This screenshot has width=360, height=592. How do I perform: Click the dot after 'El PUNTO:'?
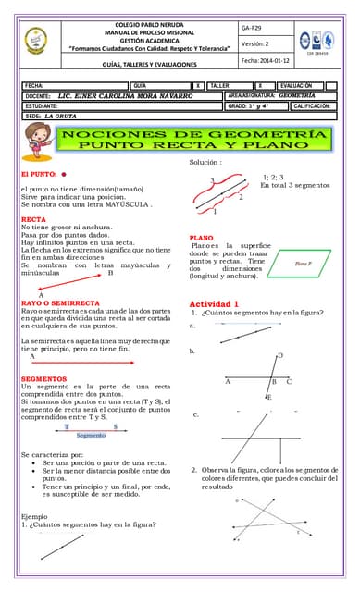click(64, 173)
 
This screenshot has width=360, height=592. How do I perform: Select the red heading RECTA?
click(33, 219)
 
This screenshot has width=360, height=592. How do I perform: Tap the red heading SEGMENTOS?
click(44, 379)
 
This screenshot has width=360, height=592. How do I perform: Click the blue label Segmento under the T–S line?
click(91, 435)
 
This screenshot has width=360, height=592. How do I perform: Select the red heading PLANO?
click(201, 238)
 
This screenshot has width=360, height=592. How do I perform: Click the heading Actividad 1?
click(214, 303)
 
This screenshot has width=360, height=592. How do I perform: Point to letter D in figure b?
click(280, 356)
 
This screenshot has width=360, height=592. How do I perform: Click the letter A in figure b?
click(228, 381)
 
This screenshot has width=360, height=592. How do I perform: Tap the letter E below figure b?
click(269, 397)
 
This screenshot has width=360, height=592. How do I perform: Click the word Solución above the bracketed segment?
click(206, 163)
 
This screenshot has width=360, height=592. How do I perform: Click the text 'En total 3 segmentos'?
click(294, 186)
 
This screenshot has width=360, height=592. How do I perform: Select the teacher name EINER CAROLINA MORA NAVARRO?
click(131, 95)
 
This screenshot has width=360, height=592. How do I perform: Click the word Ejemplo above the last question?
click(34, 516)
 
